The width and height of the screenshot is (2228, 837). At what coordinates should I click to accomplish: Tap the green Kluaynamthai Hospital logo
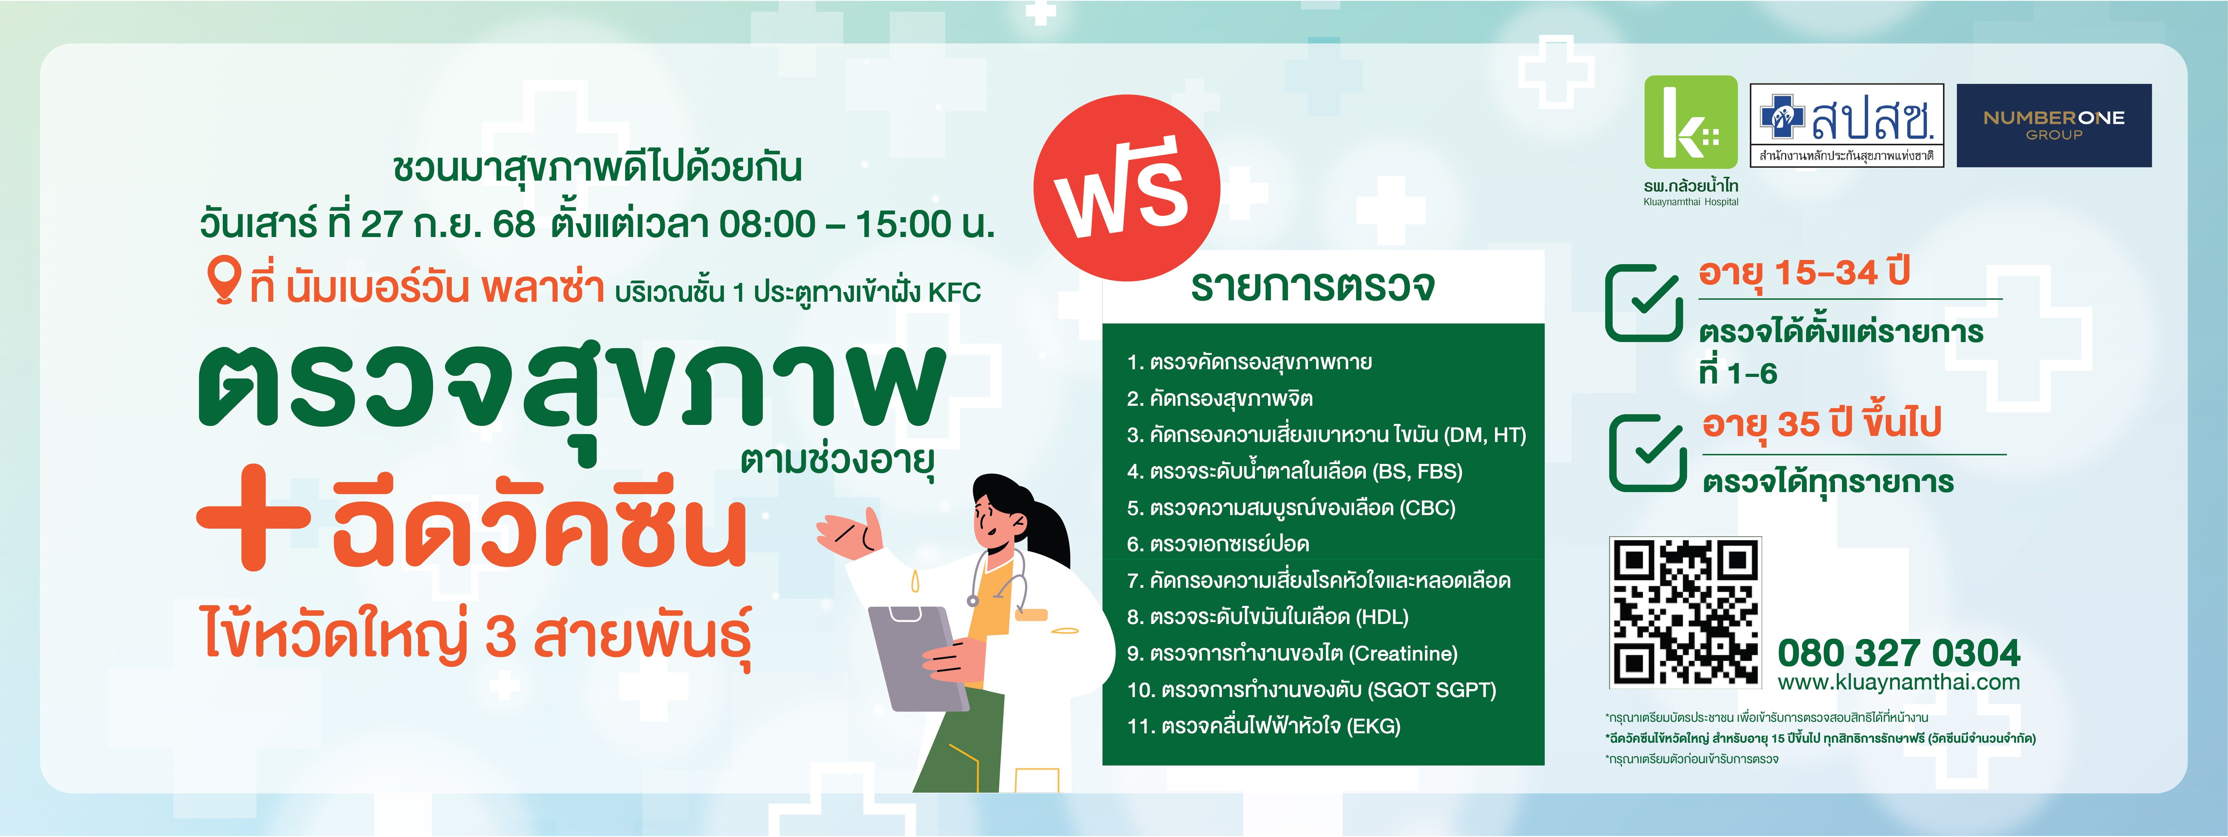click(1691, 122)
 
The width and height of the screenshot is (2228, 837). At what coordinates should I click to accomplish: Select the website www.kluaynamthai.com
click(1898, 682)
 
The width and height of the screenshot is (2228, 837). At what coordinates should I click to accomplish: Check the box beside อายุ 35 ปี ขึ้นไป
click(1648, 453)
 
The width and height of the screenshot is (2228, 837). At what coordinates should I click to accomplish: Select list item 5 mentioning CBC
click(1291, 507)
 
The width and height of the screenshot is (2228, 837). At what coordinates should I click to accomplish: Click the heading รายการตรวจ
click(1313, 285)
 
